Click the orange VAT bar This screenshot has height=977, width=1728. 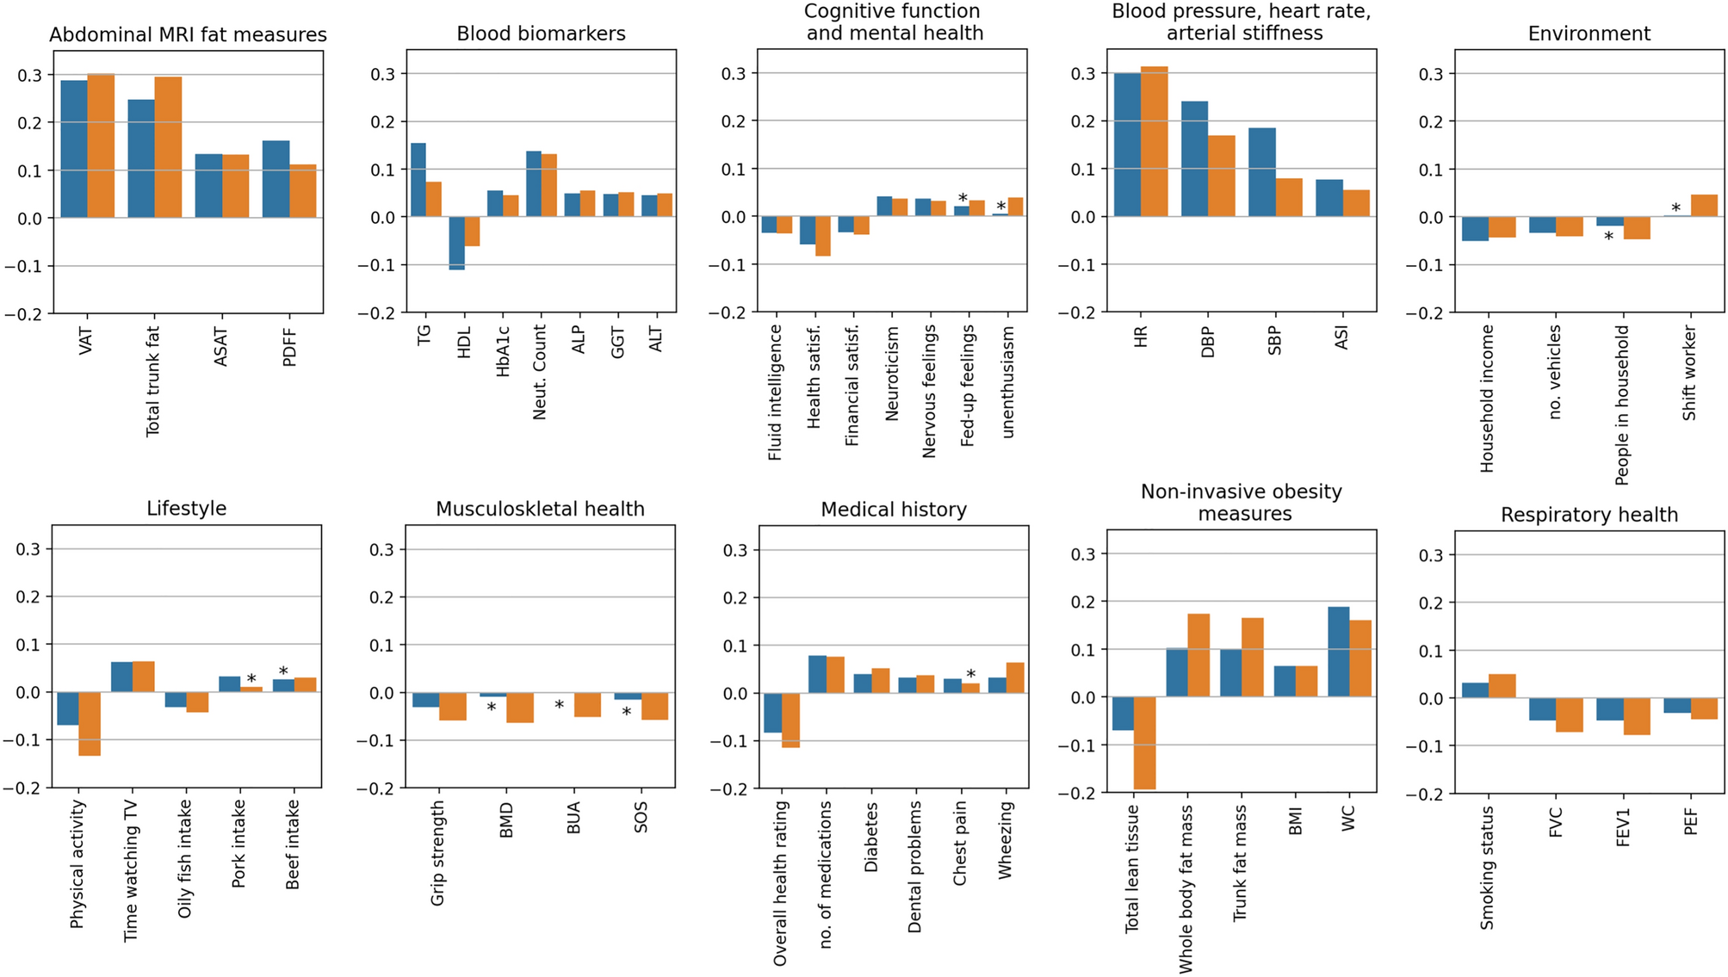(101, 145)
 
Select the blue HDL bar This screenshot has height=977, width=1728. (456, 244)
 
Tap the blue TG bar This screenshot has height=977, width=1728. (418, 180)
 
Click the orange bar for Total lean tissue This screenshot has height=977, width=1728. (1144, 743)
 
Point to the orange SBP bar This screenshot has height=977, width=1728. (1289, 197)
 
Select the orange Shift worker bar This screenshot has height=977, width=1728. (1704, 206)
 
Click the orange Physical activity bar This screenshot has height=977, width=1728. (90, 724)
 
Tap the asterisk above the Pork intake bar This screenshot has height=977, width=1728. (251, 679)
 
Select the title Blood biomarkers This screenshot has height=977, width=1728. (541, 34)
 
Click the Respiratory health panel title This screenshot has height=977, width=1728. (1589, 515)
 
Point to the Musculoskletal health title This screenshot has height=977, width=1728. (540, 509)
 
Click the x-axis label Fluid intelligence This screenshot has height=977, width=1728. (775, 393)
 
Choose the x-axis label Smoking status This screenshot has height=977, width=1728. (1487, 868)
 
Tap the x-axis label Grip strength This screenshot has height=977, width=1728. (438, 853)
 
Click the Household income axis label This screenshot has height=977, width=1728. (1487, 399)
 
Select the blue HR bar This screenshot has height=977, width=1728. (1127, 145)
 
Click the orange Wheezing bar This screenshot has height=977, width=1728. (1015, 677)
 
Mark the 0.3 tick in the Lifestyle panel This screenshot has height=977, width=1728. (28, 549)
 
